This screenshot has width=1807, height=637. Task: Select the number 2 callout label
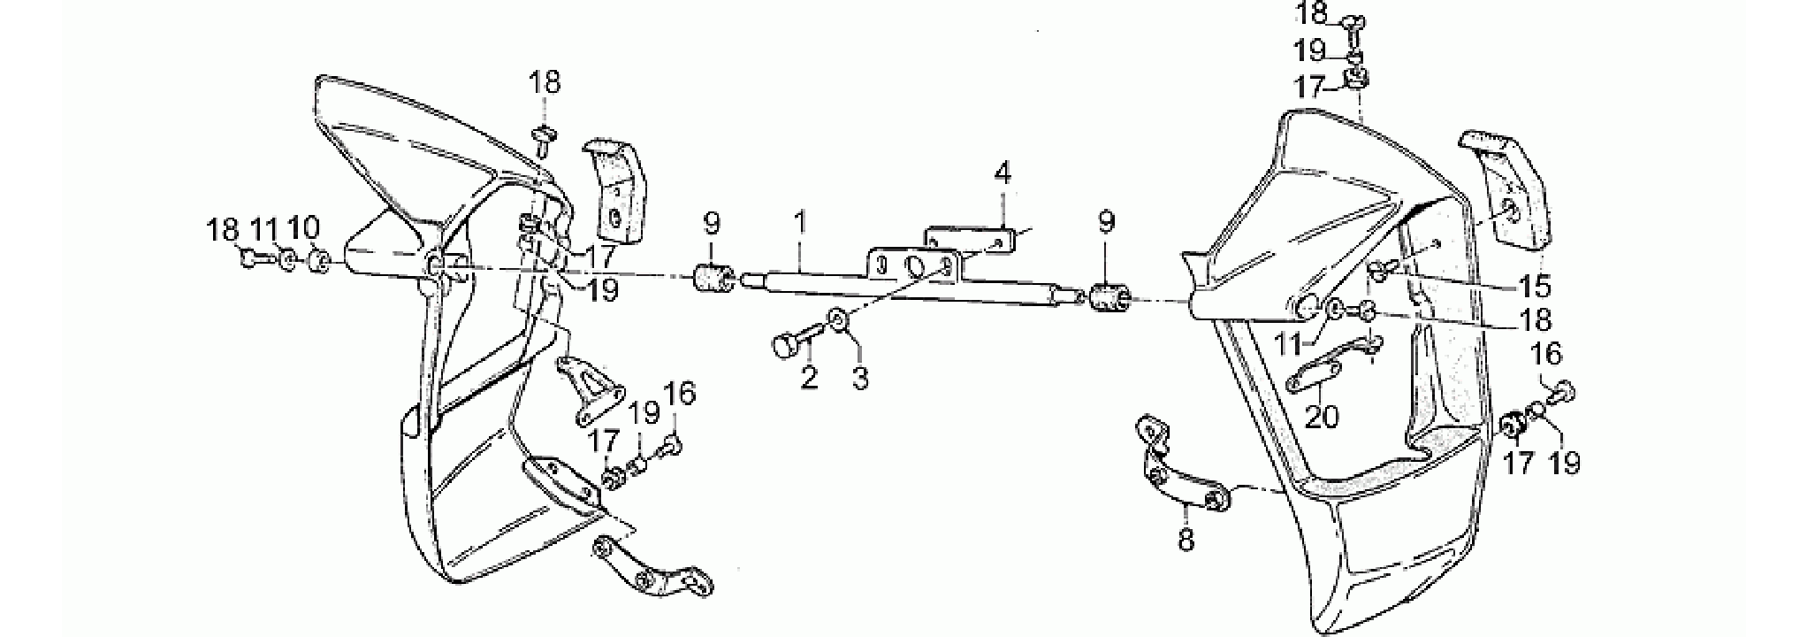coord(809,378)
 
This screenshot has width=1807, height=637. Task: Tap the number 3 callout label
coord(860,378)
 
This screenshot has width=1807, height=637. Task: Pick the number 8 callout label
coord(1186,538)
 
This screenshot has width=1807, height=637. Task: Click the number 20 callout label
coord(1323,415)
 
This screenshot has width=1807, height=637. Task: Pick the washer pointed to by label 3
coord(837,318)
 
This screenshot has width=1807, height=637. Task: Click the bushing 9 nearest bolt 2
coord(713,279)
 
